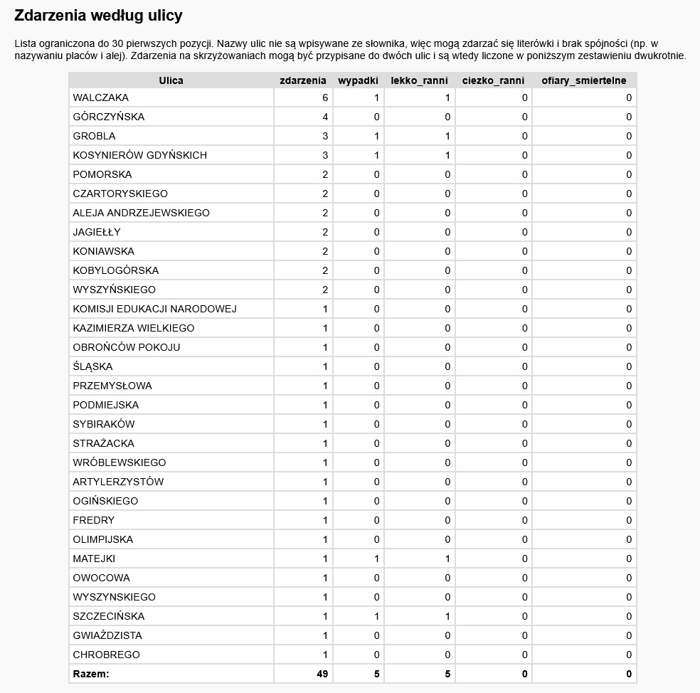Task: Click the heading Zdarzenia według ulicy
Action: [98, 15]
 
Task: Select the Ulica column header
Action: [171, 80]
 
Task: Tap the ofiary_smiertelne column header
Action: [583, 80]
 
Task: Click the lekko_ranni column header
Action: [419, 80]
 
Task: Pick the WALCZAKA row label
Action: [100, 97]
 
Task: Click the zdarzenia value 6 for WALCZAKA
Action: [325, 97]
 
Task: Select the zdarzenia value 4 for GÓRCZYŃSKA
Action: [325, 117]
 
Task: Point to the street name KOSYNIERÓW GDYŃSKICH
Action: [139, 155]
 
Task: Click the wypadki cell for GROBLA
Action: [376, 136]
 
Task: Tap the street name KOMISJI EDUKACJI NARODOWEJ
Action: [154, 309]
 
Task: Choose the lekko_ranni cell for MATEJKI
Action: [447, 559]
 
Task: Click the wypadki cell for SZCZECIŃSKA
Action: [376, 616]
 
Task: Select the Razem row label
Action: [90, 674]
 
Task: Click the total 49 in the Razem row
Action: [322, 674]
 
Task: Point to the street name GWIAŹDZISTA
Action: [107, 635]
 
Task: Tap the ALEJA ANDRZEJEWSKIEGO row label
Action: [141, 213]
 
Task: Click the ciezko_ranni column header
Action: [493, 80]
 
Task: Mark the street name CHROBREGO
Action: [106, 655]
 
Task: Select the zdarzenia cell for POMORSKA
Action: [325, 174]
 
